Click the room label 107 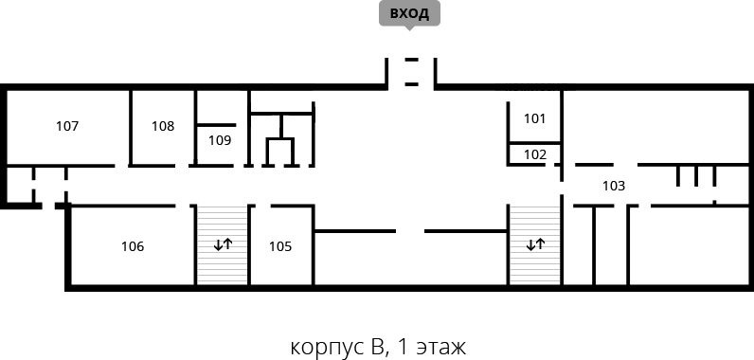(67, 126)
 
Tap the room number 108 (163, 126)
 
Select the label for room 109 (220, 141)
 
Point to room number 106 (133, 246)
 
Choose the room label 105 (280, 246)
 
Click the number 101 (535, 118)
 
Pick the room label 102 (535, 154)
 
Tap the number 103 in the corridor (614, 186)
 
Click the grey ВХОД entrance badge (410, 14)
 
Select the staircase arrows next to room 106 (224, 244)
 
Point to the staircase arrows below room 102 (536, 244)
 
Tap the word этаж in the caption (441, 348)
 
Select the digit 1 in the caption (404, 347)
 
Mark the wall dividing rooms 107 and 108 (131, 127)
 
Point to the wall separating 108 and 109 (196, 127)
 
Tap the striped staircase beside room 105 (223, 245)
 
